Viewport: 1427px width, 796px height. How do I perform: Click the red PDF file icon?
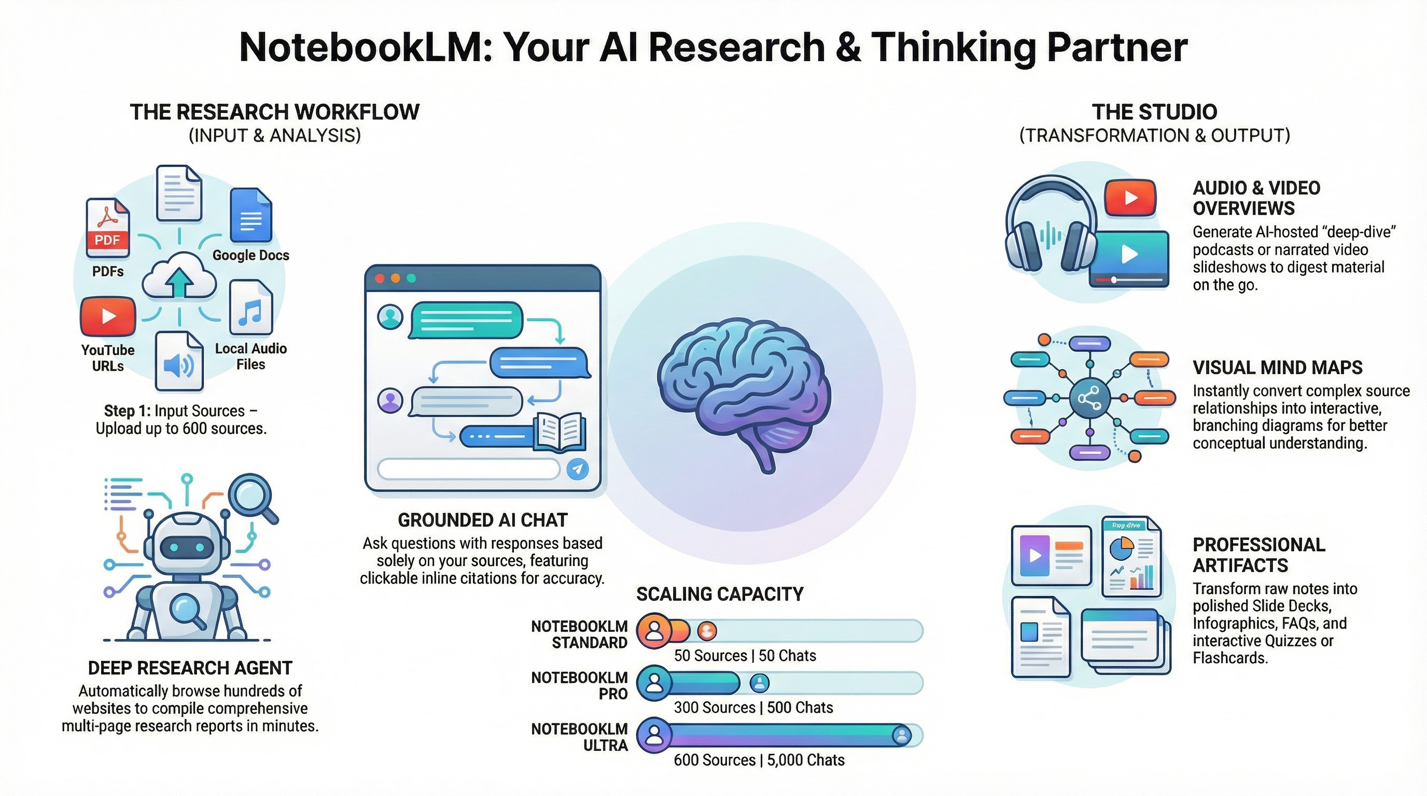107,228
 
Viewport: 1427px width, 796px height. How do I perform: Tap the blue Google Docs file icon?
251,216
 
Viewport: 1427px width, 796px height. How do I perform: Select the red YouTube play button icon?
108,316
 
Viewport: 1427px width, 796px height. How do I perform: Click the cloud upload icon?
179,276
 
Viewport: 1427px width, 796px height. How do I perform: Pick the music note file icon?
251,307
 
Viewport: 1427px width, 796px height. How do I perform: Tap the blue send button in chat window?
578,469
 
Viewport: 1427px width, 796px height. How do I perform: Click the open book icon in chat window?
560,432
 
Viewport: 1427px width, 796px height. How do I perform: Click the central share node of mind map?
1089,398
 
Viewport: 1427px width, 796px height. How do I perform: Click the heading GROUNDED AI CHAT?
483,520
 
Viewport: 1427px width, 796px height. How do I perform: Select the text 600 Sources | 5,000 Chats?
759,760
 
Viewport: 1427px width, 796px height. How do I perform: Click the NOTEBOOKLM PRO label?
579,685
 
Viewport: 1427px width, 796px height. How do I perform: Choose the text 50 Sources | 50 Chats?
745,656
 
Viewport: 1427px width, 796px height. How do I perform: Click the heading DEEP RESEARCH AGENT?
190,668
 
